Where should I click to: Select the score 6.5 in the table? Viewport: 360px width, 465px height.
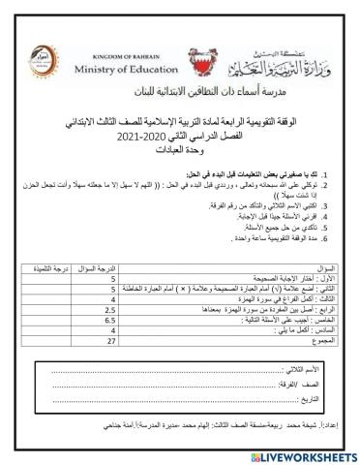[111, 318]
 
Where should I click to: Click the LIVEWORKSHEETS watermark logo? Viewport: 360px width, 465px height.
[300, 454]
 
